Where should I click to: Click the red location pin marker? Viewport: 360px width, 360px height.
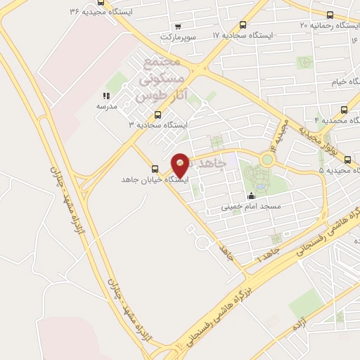(x=181, y=164)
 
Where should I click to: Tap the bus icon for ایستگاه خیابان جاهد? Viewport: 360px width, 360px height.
(x=155, y=169)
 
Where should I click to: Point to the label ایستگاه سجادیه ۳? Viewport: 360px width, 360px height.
(x=159, y=124)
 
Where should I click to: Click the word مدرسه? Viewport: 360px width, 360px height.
(x=106, y=106)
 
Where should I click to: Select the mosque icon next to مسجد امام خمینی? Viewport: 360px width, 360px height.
(x=251, y=195)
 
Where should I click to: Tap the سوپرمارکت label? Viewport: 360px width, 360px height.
(x=176, y=35)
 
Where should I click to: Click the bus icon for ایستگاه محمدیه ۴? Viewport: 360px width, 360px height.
(x=344, y=110)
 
